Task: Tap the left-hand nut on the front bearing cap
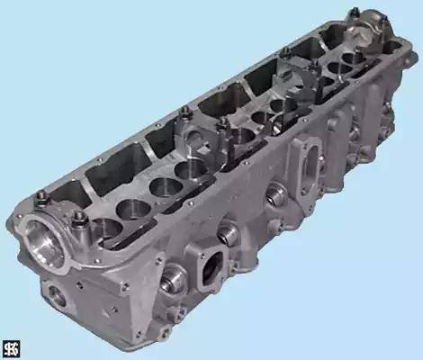point(40,196)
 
